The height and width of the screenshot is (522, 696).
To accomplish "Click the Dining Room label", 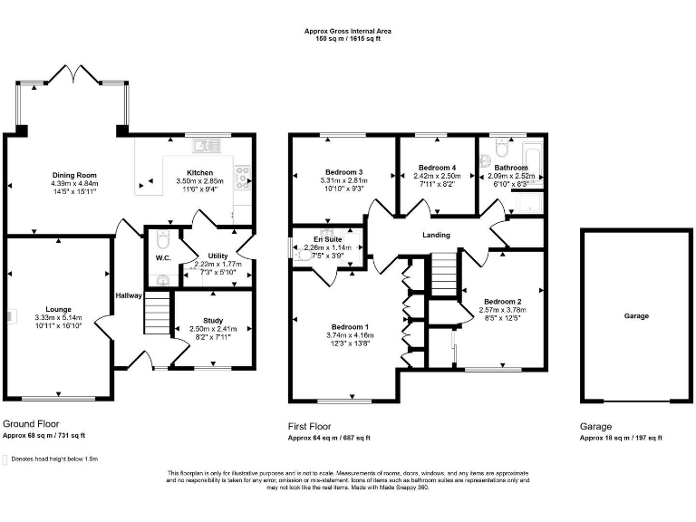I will (x=73, y=175).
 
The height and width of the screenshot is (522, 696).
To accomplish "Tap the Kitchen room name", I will (x=199, y=172).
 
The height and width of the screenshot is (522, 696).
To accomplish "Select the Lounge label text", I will (x=58, y=309).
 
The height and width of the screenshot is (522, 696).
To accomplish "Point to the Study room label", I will (x=213, y=320).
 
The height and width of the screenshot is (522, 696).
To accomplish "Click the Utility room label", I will (x=217, y=256).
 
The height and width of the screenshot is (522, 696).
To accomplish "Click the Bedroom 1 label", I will (x=349, y=326).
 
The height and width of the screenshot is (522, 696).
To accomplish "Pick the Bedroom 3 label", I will (x=343, y=172).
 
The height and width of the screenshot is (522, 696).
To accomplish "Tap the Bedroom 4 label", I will (x=438, y=168).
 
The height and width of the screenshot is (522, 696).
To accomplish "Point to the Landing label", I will (x=436, y=236).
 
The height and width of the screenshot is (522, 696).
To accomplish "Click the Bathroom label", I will (x=511, y=168).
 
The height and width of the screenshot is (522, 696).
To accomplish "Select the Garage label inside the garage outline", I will (x=635, y=316).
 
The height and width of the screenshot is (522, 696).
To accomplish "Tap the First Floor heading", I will (x=309, y=426).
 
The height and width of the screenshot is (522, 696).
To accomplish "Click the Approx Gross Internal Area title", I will (x=347, y=31).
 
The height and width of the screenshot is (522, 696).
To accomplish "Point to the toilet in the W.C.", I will (x=162, y=241).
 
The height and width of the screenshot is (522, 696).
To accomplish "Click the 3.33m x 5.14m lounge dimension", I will (x=58, y=318).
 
